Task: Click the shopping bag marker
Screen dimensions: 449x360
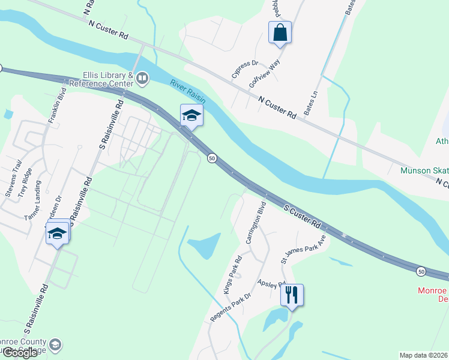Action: pyautogui.click(x=280, y=32)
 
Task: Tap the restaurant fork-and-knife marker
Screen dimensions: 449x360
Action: pyautogui.click(x=292, y=295)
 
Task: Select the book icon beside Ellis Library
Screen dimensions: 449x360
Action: pyautogui.click(x=142, y=77)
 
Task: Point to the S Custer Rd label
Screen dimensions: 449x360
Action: pyautogui.click(x=303, y=216)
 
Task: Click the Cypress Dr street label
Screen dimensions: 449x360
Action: pyautogui.click(x=244, y=70)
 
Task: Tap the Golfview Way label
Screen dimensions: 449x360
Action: pyautogui.click(x=265, y=75)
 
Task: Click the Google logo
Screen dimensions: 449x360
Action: pyautogui.click(x=19, y=353)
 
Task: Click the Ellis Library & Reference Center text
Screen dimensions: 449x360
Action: pyautogui.click(x=101, y=79)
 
